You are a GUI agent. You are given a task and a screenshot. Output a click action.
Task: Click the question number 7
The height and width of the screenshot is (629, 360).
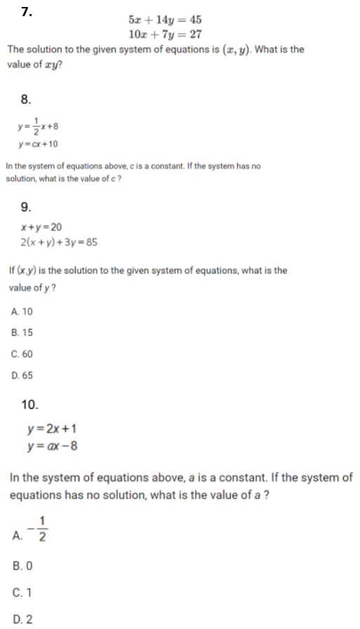[x=27, y=11]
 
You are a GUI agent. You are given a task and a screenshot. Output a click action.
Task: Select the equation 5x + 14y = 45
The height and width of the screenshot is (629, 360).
[x=165, y=20]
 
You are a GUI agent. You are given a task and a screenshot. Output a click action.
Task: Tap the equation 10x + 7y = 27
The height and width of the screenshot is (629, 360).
[x=165, y=34]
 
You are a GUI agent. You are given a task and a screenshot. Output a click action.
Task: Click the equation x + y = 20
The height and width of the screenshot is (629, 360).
[x=42, y=227]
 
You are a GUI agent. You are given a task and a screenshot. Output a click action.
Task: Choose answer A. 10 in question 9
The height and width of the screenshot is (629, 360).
[x=22, y=311]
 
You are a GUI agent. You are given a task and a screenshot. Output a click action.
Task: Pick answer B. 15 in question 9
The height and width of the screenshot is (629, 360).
[x=22, y=333]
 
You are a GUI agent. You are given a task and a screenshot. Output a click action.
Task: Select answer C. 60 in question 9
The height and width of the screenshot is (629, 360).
[x=22, y=354]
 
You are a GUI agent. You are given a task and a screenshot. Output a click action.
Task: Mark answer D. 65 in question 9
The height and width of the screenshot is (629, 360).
[x=22, y=375]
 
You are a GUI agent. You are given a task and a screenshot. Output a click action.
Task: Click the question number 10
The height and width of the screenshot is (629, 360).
[x=30, y=405]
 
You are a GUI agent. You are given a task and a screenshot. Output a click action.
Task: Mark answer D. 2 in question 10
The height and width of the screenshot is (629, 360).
[x=23, y=619]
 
